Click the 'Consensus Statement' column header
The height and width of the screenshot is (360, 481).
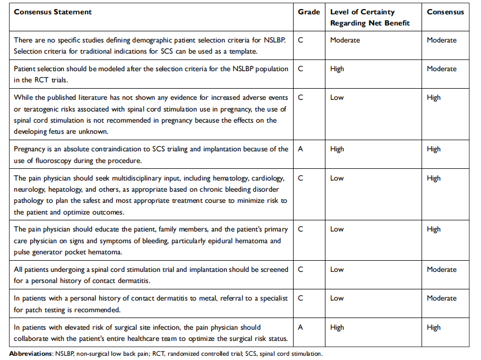pyautogui.click(x=53, y=12)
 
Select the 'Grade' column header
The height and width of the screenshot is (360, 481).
pyautogui.click(x=309, y=12)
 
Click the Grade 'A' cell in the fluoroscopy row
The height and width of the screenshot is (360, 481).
pyautogui.click(x=301, y=149)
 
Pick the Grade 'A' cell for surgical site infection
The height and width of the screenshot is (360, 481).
pyautogui.click(x=301, y=328)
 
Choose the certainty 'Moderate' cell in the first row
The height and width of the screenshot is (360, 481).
pyautogui.click(x=345, y=40)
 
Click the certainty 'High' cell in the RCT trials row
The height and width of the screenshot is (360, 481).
pyautogui.click(x=337, y=68)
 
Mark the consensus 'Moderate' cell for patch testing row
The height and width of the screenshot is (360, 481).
pyautogui.click(x=442, y=298)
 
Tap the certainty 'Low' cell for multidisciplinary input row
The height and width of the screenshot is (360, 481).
pyautogui.click(x=337, y=178)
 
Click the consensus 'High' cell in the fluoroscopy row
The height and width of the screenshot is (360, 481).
pyautogui.click(x=434, y=149)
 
